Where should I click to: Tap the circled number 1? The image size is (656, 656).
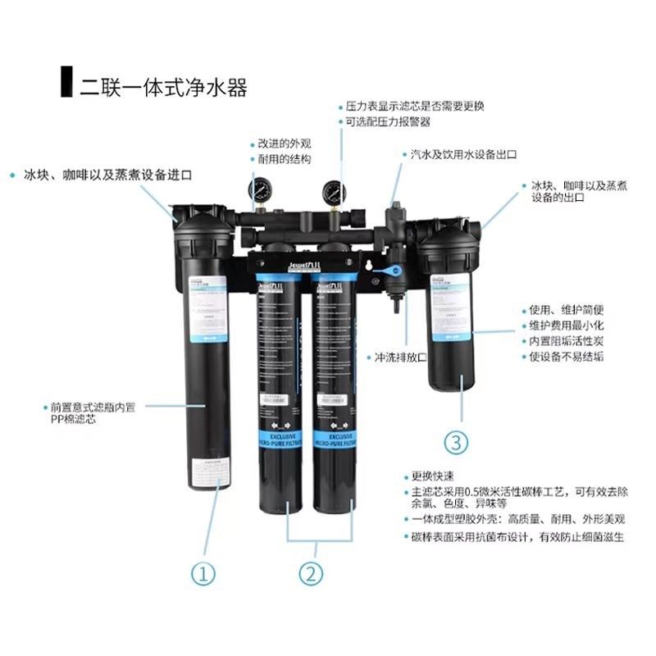pyautogui.click(x=204, y=572)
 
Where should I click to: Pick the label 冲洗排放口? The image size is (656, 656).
pyautogui.click(x=403, y=358)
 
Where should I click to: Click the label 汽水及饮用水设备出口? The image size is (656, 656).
pyautogui.click(x=459, y=154)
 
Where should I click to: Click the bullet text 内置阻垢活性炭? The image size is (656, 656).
pyautogui.click(x=569, y=340)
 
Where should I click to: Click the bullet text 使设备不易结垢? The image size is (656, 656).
pyautogui.click(x=569, y=357)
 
